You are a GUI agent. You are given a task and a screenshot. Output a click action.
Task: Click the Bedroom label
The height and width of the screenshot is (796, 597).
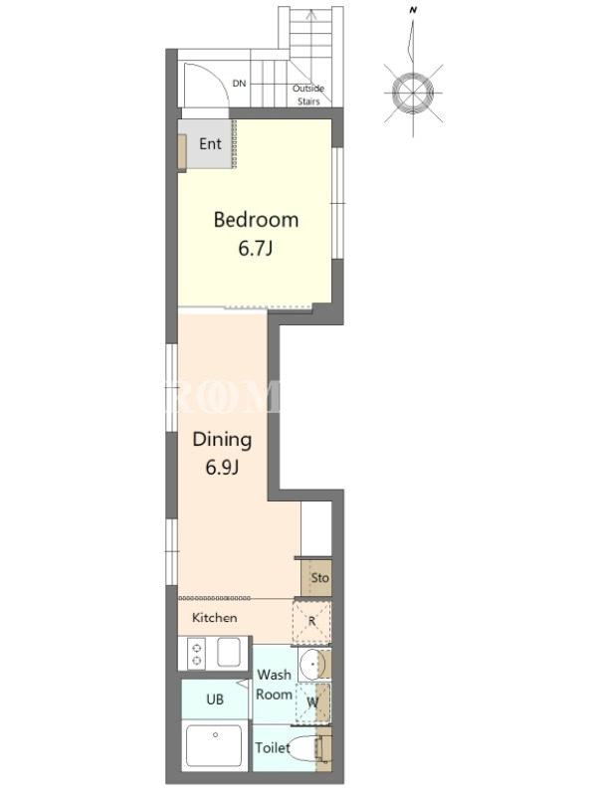(256, 220)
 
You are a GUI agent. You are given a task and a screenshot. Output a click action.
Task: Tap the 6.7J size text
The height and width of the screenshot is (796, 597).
(256, 249)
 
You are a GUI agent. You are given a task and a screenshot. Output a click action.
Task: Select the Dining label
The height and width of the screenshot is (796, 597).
(222, 440)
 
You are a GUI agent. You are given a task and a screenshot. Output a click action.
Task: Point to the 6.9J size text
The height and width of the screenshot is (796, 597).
(222, 467)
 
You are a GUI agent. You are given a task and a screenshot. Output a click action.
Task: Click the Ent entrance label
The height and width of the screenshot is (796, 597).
(210, 144)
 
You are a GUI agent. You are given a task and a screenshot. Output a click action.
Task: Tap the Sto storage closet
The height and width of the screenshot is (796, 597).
(316, 578)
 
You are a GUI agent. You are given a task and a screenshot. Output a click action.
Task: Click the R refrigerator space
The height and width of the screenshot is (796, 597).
(311, 621)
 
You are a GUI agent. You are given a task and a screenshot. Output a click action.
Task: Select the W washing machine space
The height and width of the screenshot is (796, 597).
(312, 702)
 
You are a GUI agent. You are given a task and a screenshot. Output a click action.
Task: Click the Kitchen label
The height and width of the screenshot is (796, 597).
(214, 618)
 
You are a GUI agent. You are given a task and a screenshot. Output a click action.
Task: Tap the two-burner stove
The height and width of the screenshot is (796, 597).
(196, 654)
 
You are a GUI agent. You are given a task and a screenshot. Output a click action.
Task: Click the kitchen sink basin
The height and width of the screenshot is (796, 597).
(229, 653)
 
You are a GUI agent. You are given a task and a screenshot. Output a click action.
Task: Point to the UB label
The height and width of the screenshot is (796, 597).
(215, 699)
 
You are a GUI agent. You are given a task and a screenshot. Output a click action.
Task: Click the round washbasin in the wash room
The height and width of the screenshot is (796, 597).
(311, 664)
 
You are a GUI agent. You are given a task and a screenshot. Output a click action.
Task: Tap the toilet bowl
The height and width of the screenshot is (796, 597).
(303, 748)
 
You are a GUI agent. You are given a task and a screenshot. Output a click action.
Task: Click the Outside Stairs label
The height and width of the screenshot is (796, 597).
(308, 95)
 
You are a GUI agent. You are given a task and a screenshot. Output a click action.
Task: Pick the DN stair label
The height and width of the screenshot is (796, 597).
(239, 84)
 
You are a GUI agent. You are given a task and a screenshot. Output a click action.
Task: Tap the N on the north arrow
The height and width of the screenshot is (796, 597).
(413, 10)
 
